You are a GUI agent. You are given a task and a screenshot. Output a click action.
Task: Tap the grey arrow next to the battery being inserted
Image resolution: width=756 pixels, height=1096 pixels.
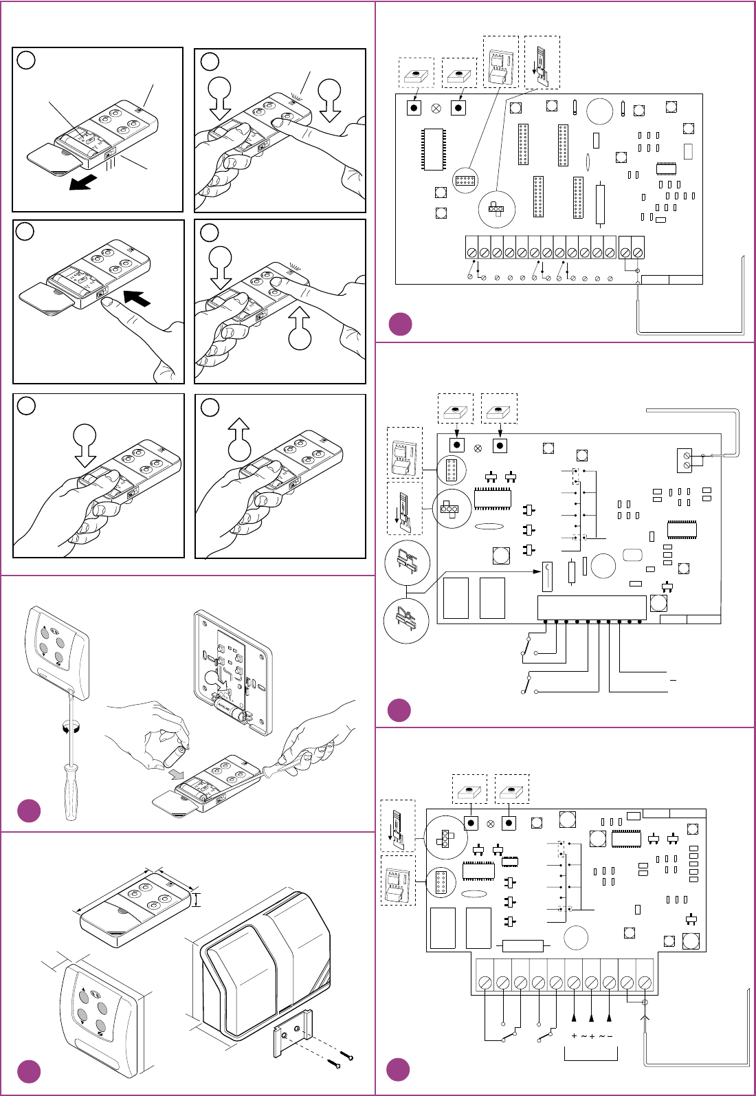pos(177,775)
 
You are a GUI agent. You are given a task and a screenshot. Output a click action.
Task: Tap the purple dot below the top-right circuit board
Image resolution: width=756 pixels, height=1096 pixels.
pos(400,324)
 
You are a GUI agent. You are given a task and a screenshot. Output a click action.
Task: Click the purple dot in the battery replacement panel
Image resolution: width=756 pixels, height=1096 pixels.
pos(29,811)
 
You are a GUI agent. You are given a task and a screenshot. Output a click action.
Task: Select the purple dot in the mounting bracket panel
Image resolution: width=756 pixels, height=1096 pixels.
pos(29,1071)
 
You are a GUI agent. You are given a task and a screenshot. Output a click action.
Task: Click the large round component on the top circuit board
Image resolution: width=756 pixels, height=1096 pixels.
pos(599,111)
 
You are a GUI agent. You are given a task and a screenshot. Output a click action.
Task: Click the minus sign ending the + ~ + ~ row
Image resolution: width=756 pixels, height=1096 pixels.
pos(610,1036)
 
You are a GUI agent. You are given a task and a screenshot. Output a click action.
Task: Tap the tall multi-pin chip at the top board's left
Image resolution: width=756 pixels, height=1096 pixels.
pos(434,149)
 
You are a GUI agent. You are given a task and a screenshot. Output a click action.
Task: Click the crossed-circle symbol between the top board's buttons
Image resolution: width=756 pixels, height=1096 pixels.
pos(436,108)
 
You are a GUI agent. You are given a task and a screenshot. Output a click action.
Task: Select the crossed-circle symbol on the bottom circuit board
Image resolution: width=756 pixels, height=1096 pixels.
pos(490,824)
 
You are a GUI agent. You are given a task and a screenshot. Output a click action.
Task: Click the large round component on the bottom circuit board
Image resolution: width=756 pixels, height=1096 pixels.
pos(576,938)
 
